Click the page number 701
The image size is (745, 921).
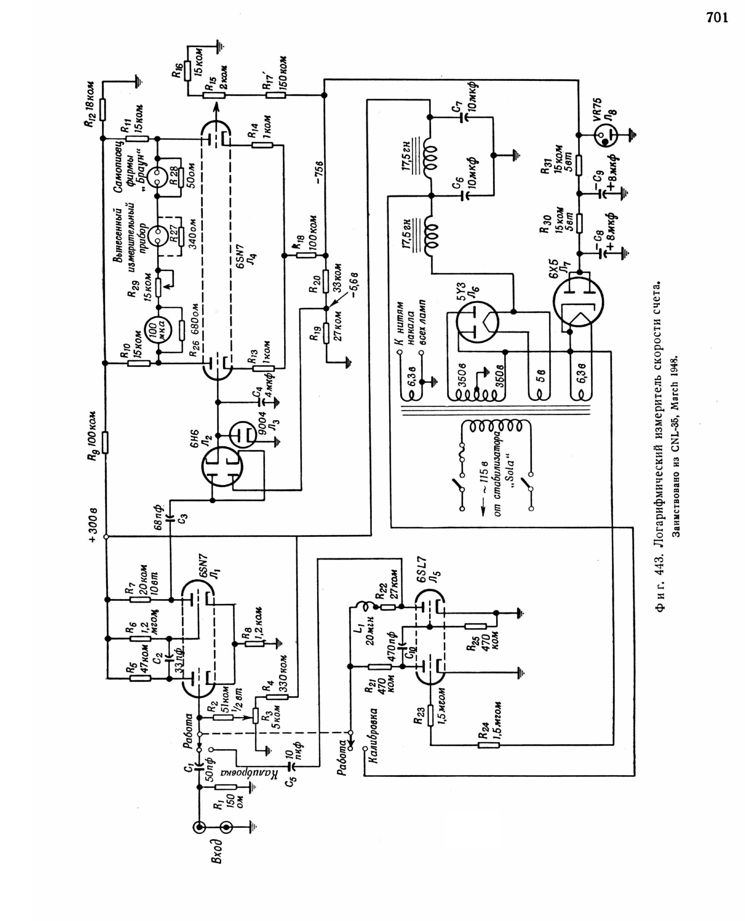[x=717, y=18]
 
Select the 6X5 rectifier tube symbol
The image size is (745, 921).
[x=578, y=302]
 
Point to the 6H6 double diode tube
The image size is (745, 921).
[x=222, y=467]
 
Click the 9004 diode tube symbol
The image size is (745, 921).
[x=243, y=435]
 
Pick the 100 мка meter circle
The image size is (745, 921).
[x=158, y=330]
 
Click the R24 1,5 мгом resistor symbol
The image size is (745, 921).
[x=489, y=746]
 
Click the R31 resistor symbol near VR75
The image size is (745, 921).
[x=579, y=166]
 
